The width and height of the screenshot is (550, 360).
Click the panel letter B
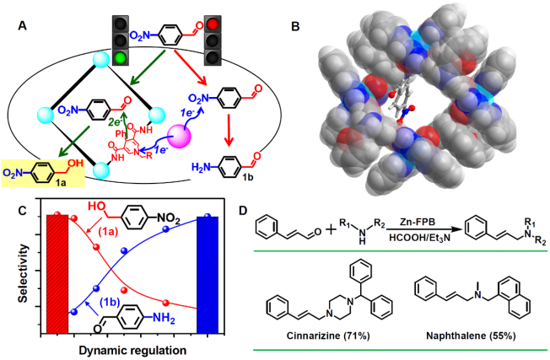tap(294, 25)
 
